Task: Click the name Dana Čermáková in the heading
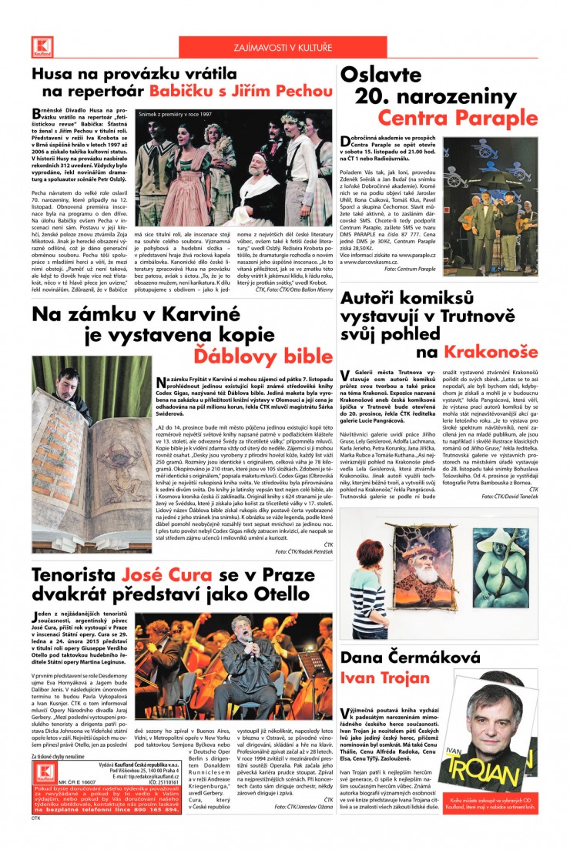click(411, 658)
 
